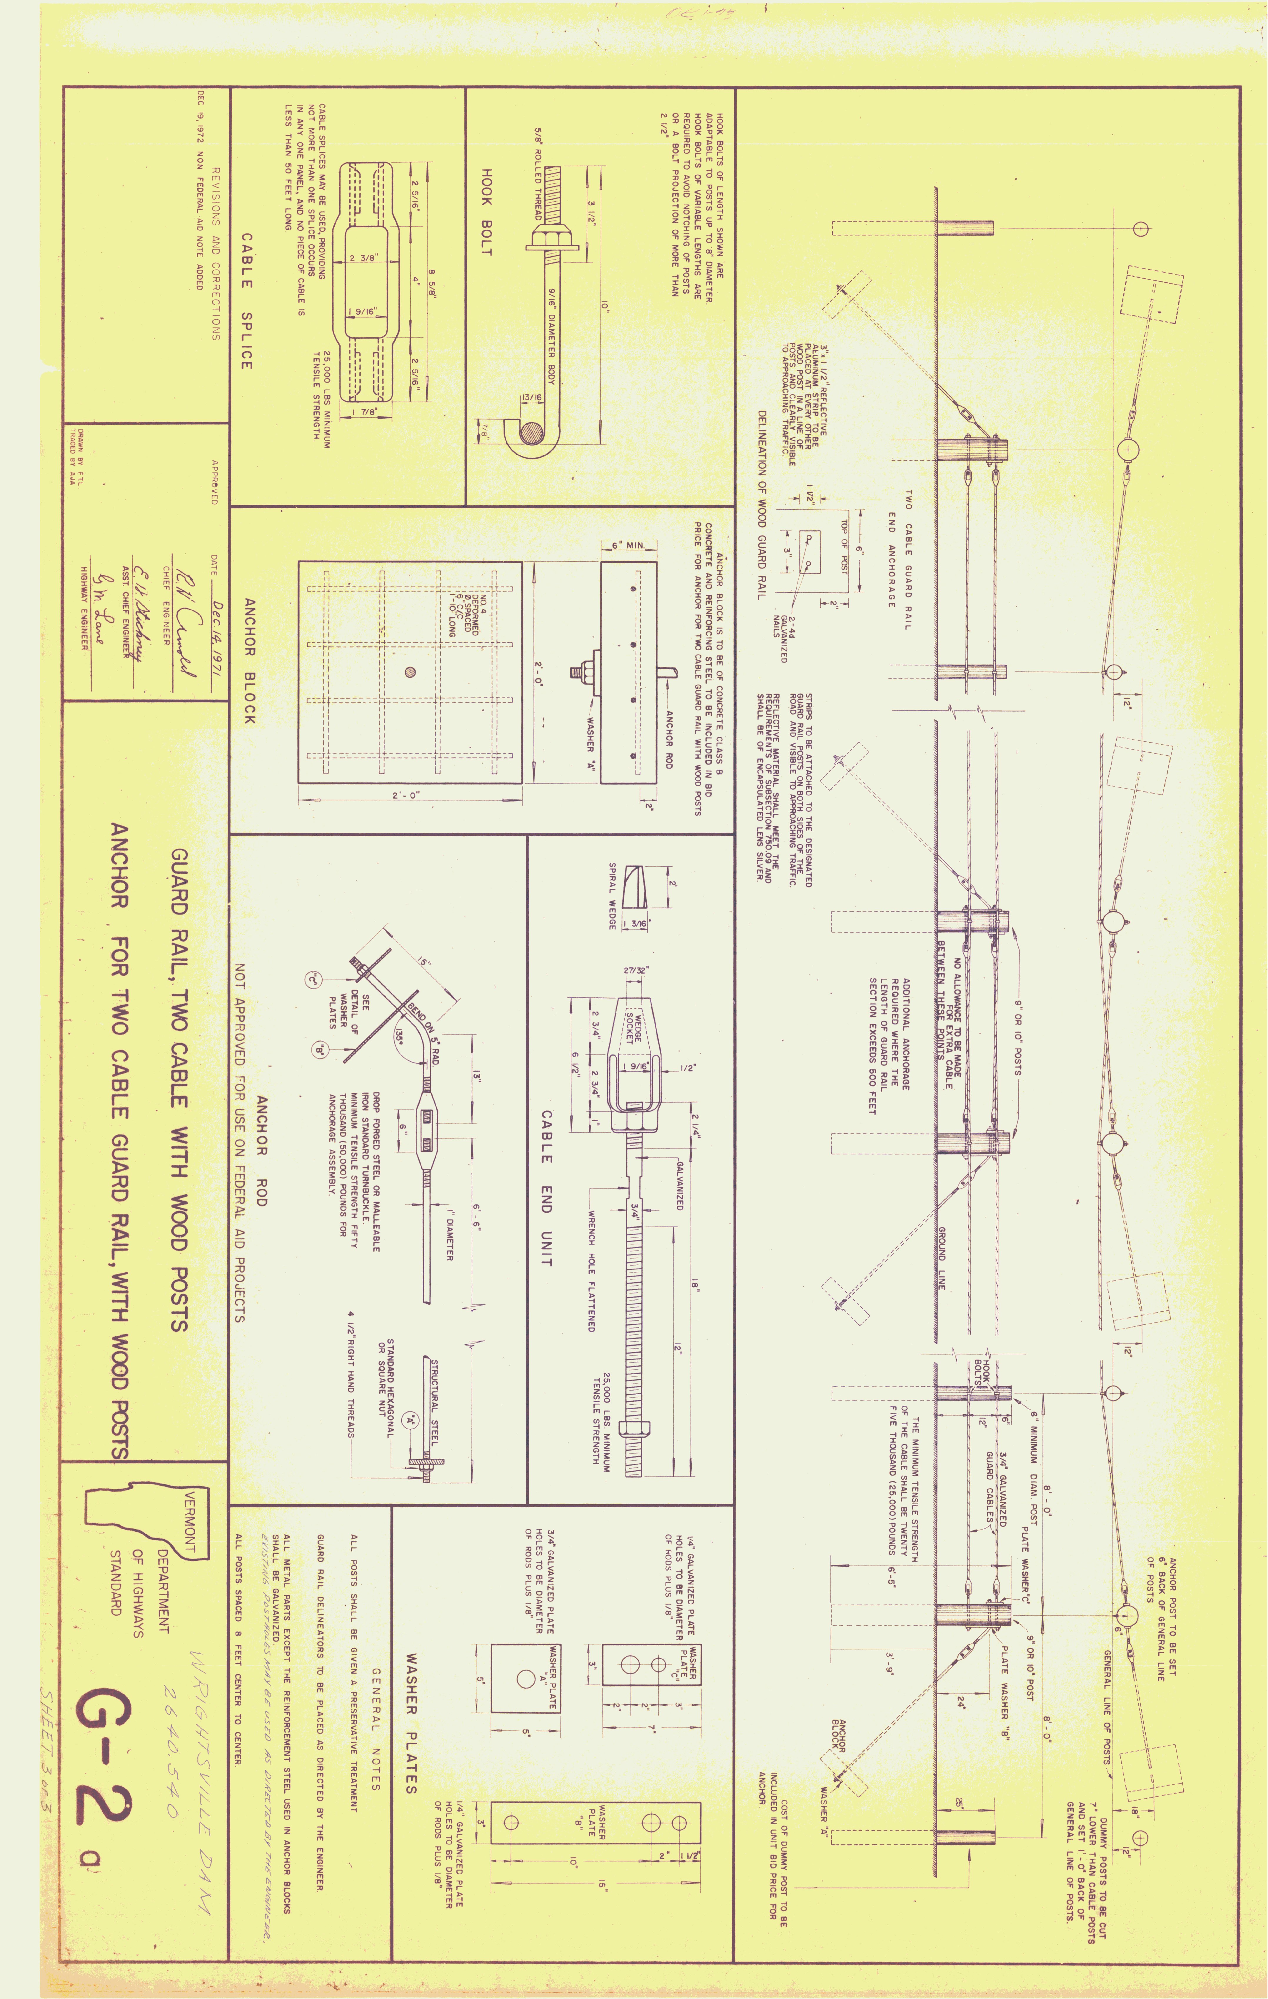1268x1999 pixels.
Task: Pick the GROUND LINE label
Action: [x=942, y=1257]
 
